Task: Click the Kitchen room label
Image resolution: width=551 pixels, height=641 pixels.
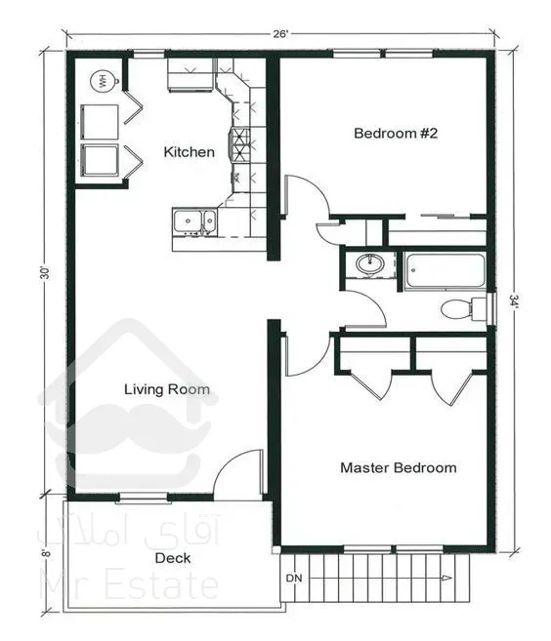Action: point(189,152)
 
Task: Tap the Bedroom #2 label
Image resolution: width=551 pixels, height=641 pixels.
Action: point(396,134)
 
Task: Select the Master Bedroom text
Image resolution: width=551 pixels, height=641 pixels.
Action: point(399,467)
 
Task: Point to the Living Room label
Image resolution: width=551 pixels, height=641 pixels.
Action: point(167,389)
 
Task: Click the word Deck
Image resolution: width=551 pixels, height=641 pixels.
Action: point(173,558)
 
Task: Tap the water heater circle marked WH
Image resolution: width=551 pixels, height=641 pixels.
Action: point(102,81)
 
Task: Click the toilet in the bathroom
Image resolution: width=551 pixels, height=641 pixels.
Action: point(463,308)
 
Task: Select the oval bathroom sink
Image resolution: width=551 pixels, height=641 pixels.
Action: point(370,263)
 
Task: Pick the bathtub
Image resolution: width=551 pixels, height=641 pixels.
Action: point(445,271)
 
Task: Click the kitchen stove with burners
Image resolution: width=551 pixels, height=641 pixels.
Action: point(240,144)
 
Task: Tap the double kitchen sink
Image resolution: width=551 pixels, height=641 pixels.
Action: point(194,221)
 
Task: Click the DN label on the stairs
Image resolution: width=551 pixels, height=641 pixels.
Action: point(294,578)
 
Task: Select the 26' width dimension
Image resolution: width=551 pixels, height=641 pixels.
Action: point(280,34)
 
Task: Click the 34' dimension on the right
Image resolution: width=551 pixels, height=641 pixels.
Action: point(513,301)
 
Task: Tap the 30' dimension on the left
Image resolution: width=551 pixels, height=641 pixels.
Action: point(46,272)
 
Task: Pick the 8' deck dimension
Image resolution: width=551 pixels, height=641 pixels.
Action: point(47,552)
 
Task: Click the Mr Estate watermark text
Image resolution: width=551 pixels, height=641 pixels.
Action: point(129,585)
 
